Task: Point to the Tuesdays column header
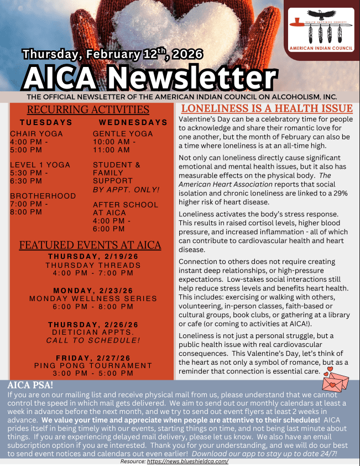pyautogui.click(x=46, y=122)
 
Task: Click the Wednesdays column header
pyautogui.click(x=133, y=122)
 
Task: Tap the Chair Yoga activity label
pyautogui.click(x=36, y=134)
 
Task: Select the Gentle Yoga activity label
pyautogui.click(x=121, y=134)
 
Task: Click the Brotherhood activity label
pyautogui.click(x=43, y=196)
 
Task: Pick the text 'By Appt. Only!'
pyautogui.click(x=126, y=190)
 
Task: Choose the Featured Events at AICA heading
pyautogui.click(x=90, y=245)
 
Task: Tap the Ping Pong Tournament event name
pyautogui.click(x=93, y=365)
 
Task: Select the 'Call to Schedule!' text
pyautogui.click(x=93, y=340)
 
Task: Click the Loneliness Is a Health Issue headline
pyautogui.click(x=267, y=108)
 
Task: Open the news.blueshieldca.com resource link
pyautogui.click(x=187, y=461)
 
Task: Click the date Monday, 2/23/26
pyautogui.click(x=93, y=291)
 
